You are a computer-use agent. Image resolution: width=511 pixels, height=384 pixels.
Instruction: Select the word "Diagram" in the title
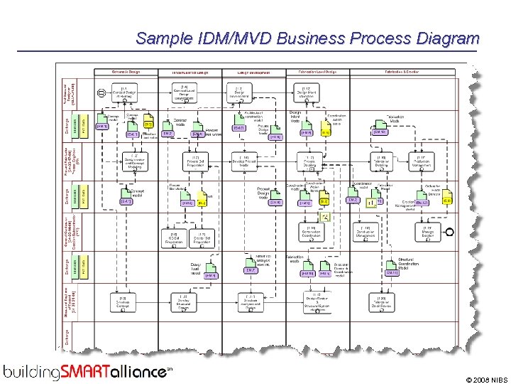click(x=447, y=38)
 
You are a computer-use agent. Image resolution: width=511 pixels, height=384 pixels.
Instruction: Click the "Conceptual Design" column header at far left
click(x=126, y=72)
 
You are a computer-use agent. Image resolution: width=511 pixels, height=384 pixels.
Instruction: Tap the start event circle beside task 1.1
click(x=101, y=92)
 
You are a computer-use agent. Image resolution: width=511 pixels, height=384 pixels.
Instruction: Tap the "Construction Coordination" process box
click(x=311, y=232)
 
